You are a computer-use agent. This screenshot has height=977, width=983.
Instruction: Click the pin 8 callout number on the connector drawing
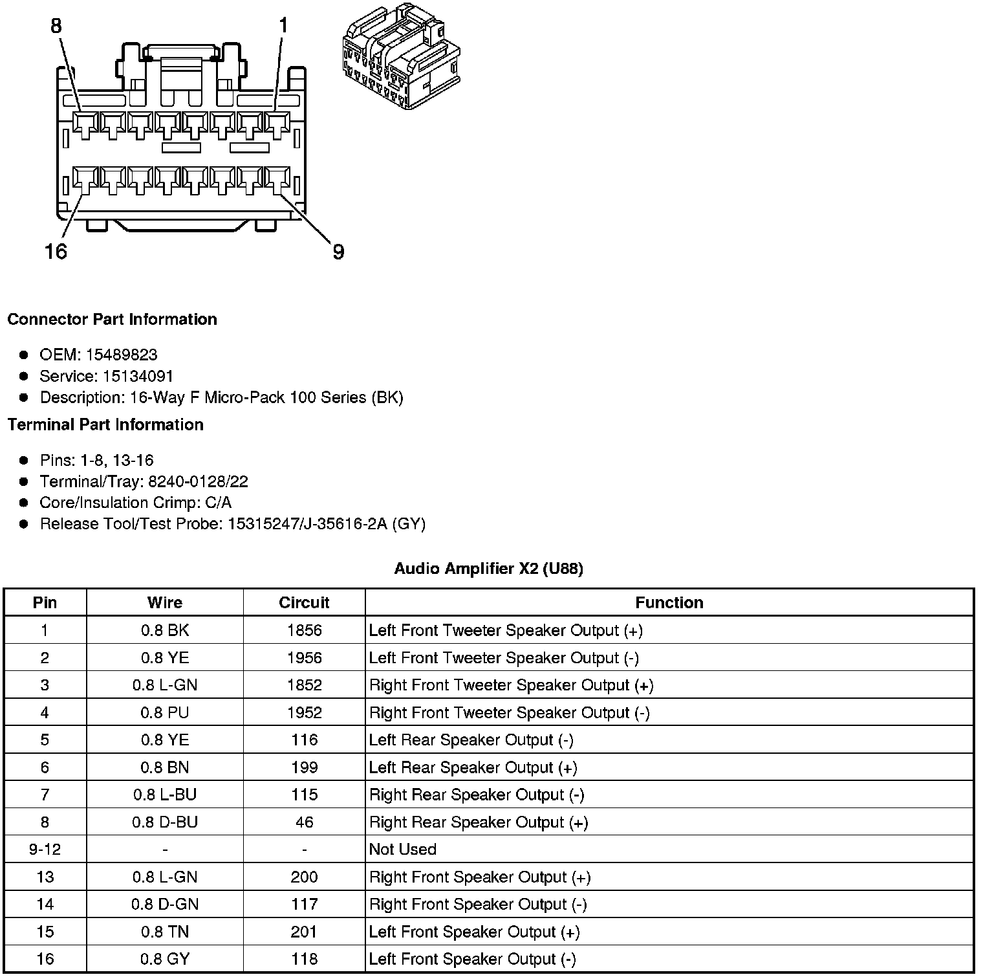(x=56, y=25)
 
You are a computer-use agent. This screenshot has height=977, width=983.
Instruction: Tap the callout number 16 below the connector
(x=56, y=251)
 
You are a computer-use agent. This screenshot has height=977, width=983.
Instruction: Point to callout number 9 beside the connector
(x=338, y=252)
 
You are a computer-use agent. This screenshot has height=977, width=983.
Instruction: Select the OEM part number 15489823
(x=122, y=355)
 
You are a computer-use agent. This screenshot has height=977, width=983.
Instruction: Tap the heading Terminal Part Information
(x=105, y=424)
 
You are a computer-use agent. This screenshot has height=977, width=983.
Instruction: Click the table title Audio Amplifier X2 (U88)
(x=488, y=569)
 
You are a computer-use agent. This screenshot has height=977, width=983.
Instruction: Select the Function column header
(x=669, y=602)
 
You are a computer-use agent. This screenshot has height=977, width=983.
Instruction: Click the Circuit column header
(x=304, y=602)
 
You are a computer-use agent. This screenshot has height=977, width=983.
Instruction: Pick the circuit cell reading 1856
(x=304, y=630)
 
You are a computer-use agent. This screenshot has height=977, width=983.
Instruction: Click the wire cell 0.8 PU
(x=164, y=712)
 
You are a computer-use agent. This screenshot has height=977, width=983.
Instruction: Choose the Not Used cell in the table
(x=402, y=849)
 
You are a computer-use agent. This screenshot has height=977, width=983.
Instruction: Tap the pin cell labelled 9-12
(x=45, y=849)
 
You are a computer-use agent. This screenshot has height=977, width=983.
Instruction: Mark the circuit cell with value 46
(x=304, y=822)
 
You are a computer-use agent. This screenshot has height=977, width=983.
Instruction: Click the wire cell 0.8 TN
(x=164, y=932)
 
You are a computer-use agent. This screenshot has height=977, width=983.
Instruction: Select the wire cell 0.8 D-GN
(x=164, y=904)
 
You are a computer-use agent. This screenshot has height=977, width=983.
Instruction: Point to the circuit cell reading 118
(x=304, y=959)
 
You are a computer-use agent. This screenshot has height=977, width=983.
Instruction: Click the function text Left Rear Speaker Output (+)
(x=473, y=767)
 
